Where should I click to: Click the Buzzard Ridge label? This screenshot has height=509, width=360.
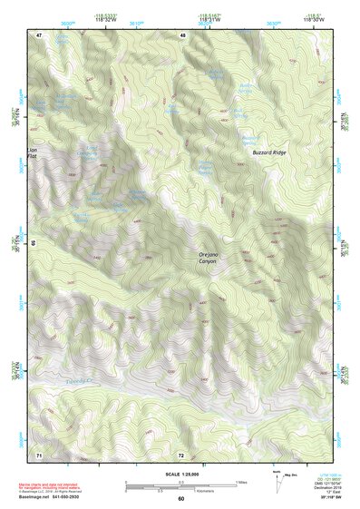(268, 153)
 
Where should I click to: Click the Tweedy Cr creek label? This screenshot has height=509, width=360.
(82, 381)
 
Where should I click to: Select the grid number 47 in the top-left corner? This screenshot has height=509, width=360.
(39, 35)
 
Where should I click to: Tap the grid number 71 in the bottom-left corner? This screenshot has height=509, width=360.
(39, 454)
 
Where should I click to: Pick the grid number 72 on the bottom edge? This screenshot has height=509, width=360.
(181, 454)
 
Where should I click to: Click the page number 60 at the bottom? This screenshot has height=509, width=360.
(180, 498)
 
